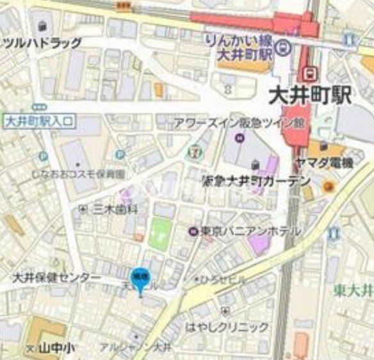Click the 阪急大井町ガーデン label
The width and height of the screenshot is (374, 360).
click(256, 181)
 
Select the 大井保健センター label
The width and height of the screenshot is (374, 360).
click(57, 277)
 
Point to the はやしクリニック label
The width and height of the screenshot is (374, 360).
click(227, 327)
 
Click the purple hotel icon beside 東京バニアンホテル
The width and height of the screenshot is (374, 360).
click(192, 231)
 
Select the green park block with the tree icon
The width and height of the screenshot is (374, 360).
click(161, 234)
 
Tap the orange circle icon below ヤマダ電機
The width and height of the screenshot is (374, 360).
click(329, 186)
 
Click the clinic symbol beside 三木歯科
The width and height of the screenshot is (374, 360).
click(83, 209)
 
